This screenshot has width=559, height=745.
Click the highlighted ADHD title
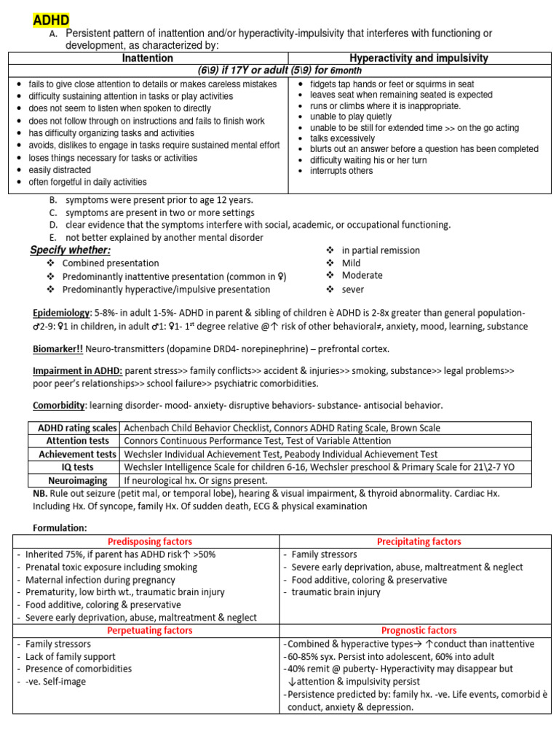coord(51,19)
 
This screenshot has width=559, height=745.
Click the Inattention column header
coord(147,58)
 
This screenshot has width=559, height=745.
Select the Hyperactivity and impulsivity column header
coord(419,58)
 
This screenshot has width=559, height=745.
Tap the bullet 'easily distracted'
coord(60,170)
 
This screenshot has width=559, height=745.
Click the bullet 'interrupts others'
coord(341,171)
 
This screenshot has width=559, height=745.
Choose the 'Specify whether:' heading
coord(70,250)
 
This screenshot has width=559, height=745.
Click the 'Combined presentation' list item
coord(111,263)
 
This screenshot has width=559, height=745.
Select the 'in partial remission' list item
coord(381,250)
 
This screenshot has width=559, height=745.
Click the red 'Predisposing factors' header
coord(150,541)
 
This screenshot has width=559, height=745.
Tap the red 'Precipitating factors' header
coord(419,541)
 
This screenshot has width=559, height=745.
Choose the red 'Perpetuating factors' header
coord(150,630)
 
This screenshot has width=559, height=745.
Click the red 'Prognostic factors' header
coord(419,630)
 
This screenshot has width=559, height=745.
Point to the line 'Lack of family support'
coord(70,657)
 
